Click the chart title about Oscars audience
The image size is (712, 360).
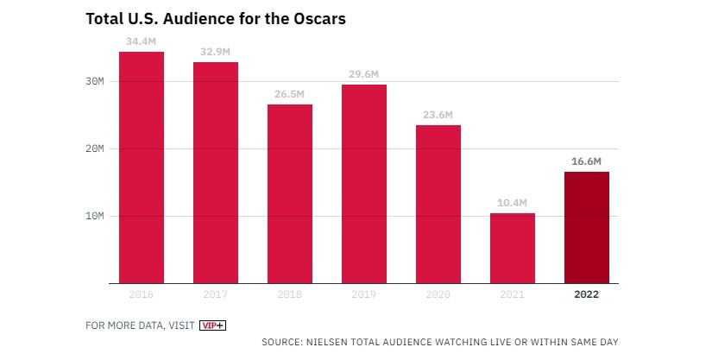[215, 18]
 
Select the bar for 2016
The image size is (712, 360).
[142, 167]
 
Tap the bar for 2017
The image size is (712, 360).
[216, 173]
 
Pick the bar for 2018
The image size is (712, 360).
[290, 193]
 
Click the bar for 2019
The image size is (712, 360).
[364, 183]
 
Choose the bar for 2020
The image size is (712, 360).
[438, 204]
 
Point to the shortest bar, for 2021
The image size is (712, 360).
[513, 248]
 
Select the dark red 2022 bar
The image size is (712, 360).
[587, 227]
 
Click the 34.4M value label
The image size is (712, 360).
[142, 41]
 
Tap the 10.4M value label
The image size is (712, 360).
[513, 203]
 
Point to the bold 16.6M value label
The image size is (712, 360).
[587, 161]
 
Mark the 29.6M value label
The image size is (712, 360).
[364, 73]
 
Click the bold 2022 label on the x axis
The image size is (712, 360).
[587, 294]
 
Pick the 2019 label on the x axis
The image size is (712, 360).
[364, 294]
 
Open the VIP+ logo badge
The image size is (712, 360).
[212, 325]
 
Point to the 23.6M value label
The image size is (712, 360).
[438, 114]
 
